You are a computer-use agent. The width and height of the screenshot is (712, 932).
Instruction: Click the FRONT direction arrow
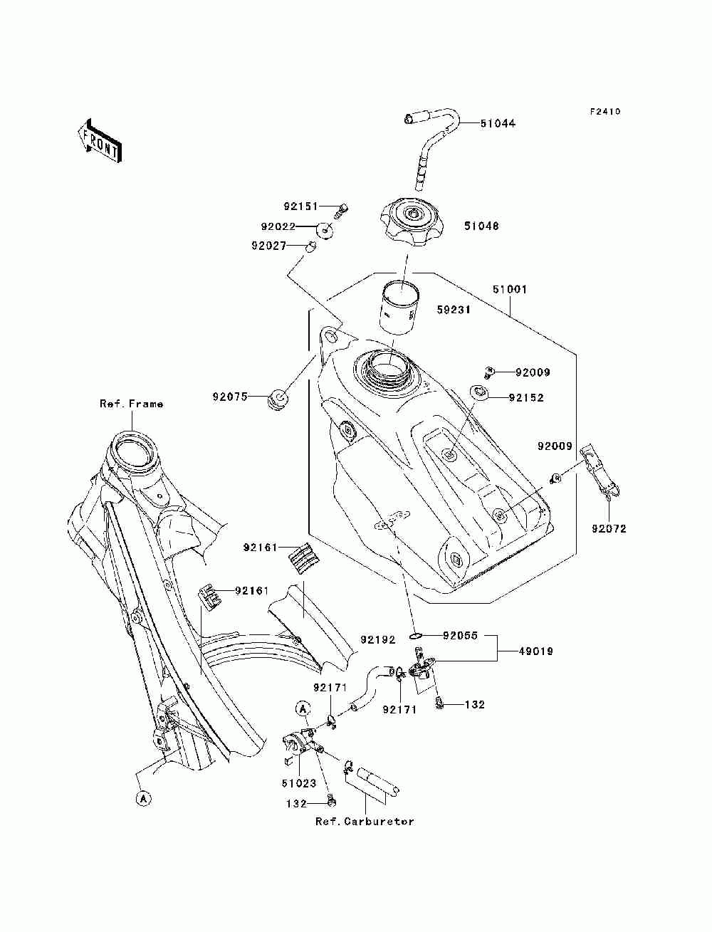coord(100,140)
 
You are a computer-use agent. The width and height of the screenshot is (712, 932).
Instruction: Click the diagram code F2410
coord(605,112)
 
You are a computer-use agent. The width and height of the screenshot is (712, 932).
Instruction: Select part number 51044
coord(498,124)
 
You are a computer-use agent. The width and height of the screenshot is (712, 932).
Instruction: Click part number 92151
coord(300,206)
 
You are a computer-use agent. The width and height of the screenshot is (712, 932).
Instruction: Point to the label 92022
coord(278,226)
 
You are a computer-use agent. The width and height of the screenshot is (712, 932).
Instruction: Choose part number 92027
coord(268,246)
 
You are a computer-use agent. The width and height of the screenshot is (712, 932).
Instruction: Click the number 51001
coord(510,290)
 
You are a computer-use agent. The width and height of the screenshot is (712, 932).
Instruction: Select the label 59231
coord(454,310)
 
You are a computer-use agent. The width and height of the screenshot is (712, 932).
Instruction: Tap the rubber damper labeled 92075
coord(278,399)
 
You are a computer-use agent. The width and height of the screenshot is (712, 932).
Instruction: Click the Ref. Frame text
coord(132,404)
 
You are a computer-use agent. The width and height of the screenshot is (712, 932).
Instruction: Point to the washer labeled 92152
coord(479,392)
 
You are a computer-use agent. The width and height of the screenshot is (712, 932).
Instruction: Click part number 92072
coord(609,528)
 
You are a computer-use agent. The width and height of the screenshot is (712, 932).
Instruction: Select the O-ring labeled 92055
coord(416,647)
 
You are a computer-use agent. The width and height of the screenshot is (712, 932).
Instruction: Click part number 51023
coord(299,783)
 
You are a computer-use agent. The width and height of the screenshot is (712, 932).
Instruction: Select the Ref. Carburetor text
coord(365,822)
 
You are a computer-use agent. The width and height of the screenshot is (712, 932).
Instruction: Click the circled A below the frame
coord(143,799)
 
